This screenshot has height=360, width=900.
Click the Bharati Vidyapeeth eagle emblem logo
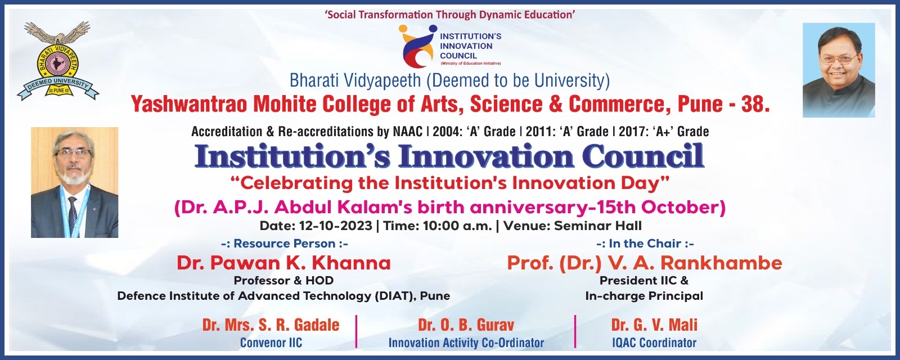point(58,61)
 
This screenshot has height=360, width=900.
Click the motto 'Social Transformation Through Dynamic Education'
point(450,15)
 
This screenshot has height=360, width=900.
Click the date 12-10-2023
point(335,226)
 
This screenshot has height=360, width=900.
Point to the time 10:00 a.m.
point(457,226)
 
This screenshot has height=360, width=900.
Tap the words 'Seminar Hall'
point(598,226)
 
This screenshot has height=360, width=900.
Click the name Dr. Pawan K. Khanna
point(283,263)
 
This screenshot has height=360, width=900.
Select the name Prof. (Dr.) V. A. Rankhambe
point(645,263)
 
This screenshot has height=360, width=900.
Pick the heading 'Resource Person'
point(285,244)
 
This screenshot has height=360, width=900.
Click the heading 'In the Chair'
point(645,244)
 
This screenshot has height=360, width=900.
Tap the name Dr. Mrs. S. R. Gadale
point(271,325)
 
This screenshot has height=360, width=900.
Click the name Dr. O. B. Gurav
point(466,325)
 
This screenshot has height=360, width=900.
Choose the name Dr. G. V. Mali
point(654,325)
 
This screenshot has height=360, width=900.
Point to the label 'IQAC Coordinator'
point(654,343)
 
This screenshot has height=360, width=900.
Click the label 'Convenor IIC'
point(271,343)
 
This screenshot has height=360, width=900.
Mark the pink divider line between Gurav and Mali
point(575,331)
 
